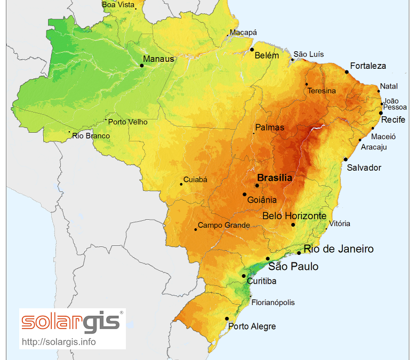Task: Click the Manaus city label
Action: coord(158,59)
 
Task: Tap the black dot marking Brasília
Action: coord(257,186)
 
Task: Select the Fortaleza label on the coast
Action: coord(368,66)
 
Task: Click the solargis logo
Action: coord(72,322)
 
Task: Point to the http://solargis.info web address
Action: coord(59,341)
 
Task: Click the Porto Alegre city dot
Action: coord(227,319)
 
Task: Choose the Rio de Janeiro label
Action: coord(339,249)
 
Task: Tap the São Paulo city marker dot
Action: coord(268,259)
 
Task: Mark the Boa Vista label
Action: coord(118,5)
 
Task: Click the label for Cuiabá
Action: coord(195,180)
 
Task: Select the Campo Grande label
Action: coord(223,225)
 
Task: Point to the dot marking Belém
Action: coord(252,50)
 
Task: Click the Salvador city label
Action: coord(364,167)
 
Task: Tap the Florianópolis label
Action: coord(273,302)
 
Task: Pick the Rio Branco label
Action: coord(91,136)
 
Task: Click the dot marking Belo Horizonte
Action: coord(293,225)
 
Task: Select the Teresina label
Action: coord(322,91)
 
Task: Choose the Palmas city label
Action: coord(270,128)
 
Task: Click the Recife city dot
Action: coord(381,113)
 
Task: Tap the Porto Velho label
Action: coord(128,122)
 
